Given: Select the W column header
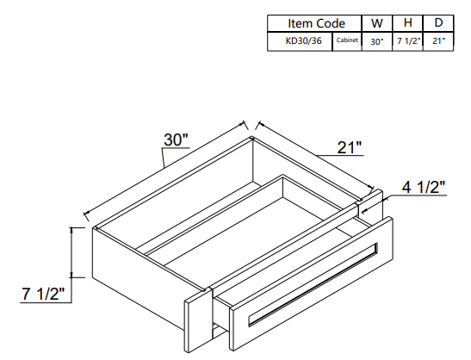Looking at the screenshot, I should pyautogui.click(x=376, y=23).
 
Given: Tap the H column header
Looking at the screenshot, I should pyautogui.click(x=407, y=23).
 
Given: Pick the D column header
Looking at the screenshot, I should pyautogui.click(x=438, y=23).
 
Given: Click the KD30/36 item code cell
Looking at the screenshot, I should pyautogui.click(x=299, y=40).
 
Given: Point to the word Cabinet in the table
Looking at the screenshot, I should pyautogui.click(x=348, y=40).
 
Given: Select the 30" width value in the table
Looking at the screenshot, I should pyautogui.click(x=376, y=40).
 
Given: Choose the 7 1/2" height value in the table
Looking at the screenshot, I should pyautogui.click(x=407, y=40).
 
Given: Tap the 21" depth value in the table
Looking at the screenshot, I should pyautogui.click(x=438, y=40).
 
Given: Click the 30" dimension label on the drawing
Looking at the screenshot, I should pyautogui.click(x=177, y=140).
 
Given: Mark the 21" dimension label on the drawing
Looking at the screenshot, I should pyautogui.click(x=349, y=148).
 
